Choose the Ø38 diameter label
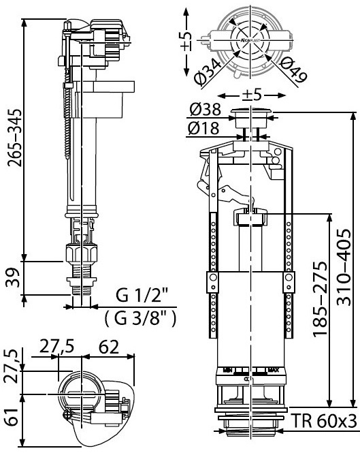[204, 110]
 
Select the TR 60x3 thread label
[325, 421]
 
